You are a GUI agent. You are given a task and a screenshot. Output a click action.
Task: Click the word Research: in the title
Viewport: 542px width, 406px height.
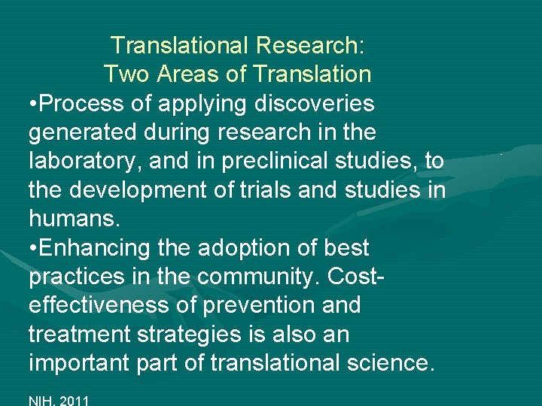point(310,45)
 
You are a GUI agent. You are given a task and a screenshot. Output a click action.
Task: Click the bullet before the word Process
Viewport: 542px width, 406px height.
point(34,104)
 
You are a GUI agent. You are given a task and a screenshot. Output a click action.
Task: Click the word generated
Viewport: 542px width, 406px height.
point(83,132)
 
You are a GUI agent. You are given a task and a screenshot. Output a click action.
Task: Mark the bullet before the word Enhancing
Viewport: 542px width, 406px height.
point(34,248)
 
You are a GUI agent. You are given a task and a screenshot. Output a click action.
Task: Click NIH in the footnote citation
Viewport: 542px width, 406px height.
point(41,399)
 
